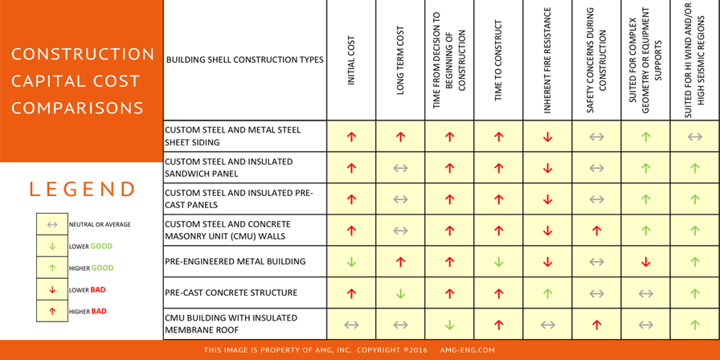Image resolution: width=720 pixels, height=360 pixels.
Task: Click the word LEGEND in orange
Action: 83,190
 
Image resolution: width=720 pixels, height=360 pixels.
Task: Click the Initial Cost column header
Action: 351,60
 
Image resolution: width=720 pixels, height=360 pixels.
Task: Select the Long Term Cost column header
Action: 400,60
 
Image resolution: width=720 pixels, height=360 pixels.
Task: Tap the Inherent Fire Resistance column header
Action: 547,60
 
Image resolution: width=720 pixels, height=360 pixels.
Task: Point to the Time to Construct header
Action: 498,60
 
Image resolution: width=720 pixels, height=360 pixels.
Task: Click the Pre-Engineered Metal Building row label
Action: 235,262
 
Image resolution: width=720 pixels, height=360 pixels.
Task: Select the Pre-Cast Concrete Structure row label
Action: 231,293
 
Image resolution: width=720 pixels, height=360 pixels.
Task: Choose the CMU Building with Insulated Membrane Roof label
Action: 231,324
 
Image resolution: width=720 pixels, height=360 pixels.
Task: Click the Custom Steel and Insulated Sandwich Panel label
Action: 228,167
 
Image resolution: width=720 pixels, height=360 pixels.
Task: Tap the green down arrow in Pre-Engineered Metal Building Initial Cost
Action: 351,262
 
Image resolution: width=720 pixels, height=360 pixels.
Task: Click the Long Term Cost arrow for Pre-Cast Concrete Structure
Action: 400,293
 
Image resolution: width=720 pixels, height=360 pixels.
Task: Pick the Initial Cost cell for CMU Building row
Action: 351,325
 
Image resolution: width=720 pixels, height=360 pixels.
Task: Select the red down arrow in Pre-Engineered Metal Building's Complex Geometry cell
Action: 645,262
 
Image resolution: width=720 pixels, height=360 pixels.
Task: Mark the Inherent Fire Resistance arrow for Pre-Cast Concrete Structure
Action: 547,293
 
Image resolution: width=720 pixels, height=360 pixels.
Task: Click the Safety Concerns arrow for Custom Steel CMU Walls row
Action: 596,231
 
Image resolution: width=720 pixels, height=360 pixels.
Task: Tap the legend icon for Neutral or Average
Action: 52,225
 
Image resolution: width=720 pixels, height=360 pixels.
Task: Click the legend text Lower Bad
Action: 88,289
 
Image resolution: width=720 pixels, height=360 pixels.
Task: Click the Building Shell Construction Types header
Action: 244,60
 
